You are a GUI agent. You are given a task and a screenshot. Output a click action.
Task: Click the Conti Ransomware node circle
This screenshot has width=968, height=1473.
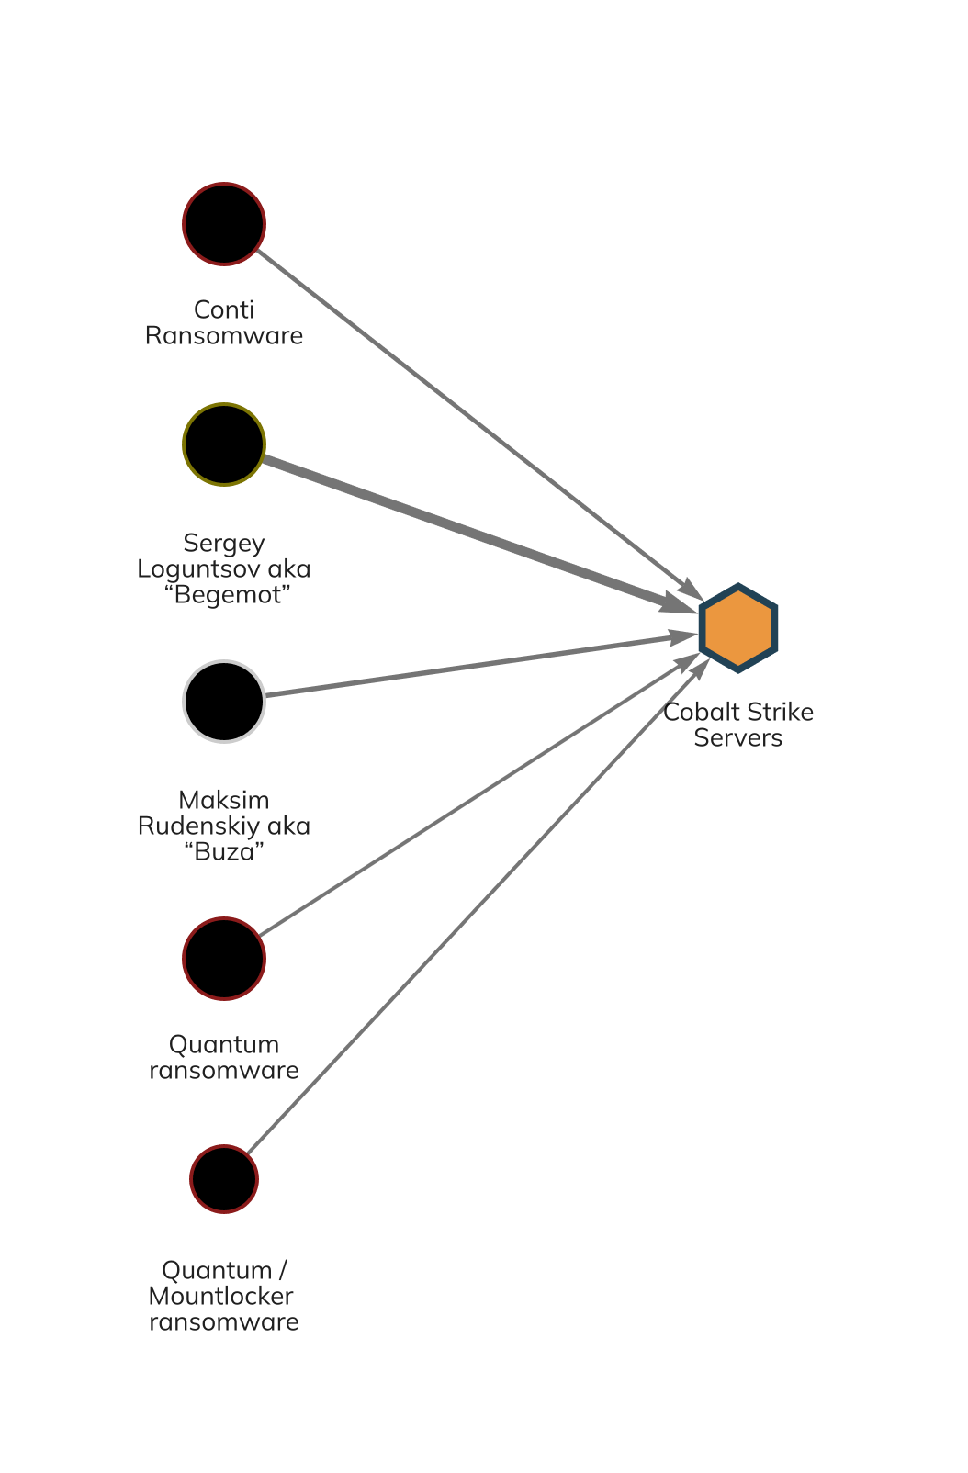(224, 224)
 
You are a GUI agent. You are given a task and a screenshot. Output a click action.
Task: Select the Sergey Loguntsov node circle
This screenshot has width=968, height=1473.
(224, 444)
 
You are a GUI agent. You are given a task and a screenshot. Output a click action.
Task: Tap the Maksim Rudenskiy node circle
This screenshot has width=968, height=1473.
(224, 702)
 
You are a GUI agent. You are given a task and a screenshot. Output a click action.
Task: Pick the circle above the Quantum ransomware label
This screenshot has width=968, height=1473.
(224, 959)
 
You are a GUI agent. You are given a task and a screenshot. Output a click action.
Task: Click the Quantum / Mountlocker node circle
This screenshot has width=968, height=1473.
(224, 1179)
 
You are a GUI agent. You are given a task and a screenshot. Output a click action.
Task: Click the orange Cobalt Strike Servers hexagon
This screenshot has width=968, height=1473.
(738, 628)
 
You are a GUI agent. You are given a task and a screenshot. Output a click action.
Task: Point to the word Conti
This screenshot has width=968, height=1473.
(224, 310)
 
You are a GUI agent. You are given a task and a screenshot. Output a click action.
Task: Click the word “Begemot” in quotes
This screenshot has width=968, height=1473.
(228, 595)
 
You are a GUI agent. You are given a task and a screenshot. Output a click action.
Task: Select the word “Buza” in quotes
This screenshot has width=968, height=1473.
(224, 852)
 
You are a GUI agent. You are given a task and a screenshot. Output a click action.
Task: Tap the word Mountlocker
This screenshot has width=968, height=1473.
(220, 1297)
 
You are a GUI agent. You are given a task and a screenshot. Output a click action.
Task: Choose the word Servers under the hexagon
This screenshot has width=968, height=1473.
(738, 738)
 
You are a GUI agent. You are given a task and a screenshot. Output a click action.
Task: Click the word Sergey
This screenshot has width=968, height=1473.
(224, 544)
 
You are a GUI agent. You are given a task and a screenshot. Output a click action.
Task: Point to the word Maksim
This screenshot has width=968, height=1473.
(224, 801)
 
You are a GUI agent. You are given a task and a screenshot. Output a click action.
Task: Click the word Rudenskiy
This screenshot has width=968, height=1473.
(198, 826)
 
